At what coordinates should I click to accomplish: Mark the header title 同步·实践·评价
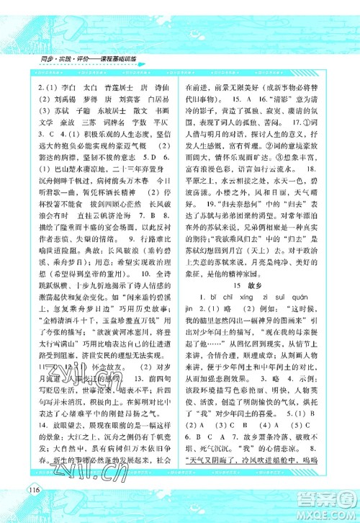click(63, 57)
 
